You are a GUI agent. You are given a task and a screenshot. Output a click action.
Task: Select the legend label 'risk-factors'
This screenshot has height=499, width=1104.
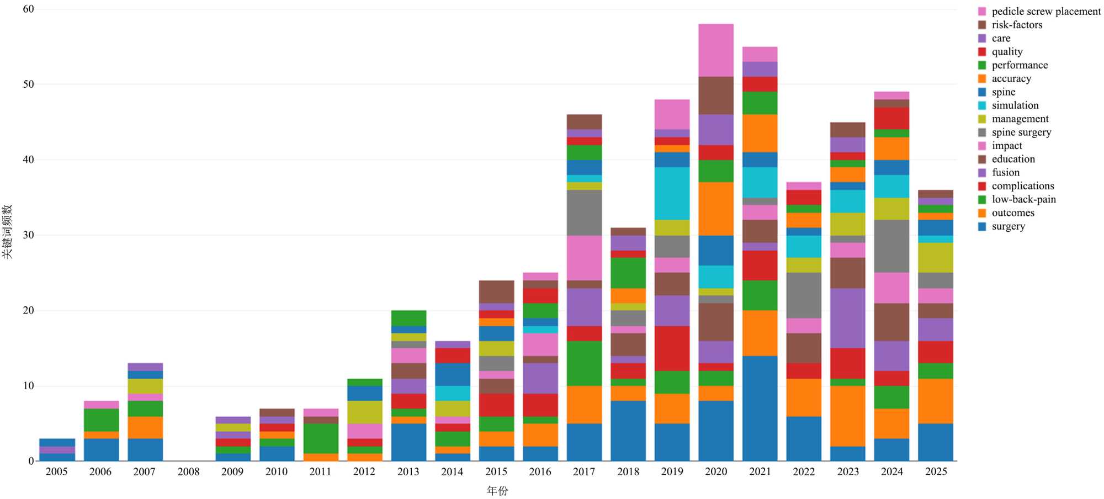[x=1017, y=25]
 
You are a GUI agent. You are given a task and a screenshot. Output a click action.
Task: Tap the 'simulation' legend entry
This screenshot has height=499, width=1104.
[x=1015, y=105]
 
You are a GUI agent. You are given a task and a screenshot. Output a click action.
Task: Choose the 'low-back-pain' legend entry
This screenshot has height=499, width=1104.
[x=1023, y=199]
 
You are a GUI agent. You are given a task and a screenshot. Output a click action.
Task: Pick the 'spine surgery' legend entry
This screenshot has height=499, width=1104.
[x=1021, y=132]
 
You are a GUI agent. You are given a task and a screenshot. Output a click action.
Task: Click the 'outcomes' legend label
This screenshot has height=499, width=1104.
[x=1013, y=213]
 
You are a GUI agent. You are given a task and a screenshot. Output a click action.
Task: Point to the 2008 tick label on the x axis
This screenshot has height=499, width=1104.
[x=188, y=472]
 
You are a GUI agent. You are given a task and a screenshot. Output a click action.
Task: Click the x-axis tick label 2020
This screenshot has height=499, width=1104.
[x=716, y=472]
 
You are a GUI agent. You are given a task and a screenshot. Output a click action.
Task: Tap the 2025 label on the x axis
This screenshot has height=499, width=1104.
[x=936, y=472]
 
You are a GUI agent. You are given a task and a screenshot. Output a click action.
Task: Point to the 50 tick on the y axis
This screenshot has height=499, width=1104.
[x=28, y=84]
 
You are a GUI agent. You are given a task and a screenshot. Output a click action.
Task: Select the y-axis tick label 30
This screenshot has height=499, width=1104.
[x=28, y=235]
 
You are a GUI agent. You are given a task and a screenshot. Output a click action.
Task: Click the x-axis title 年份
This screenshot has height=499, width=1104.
[x=497, y=491]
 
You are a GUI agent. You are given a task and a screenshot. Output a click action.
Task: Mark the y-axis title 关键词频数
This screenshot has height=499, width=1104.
[x=7, y=232]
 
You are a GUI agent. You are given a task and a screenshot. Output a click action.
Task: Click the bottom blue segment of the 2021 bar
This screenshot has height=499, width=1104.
[x=760, y=408]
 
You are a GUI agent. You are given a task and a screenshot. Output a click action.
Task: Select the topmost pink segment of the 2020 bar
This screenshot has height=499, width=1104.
[x=716, y=50]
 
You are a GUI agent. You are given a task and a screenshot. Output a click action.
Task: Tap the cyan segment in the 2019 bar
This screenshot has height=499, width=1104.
[x=672, y=193]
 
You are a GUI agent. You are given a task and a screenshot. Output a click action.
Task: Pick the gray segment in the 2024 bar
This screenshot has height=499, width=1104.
[x=891, y=246]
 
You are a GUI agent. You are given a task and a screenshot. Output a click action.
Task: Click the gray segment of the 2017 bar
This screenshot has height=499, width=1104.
[x=584, y=213]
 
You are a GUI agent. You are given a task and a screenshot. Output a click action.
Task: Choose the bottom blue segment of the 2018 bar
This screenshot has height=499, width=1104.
[x=628, y=431]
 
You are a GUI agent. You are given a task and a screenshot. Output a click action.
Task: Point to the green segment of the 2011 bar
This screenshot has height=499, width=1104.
[x=320, y=438]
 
